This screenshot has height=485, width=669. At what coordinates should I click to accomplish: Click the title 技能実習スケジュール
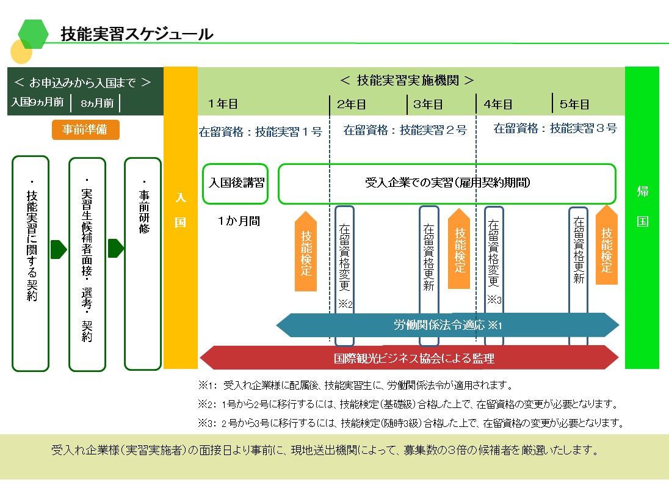tap(137, 34)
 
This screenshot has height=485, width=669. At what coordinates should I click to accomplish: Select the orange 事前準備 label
tap(85, 129)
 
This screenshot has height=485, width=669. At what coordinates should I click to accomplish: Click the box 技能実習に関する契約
tap(31, 263)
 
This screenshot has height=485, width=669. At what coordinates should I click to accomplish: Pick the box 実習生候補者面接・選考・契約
tap(87, 264)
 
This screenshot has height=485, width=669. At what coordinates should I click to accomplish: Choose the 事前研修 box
tap(142, 263)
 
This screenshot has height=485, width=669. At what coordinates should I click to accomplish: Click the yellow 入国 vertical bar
tap(181, 217)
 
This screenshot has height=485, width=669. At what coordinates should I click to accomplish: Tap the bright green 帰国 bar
tap(642, 217)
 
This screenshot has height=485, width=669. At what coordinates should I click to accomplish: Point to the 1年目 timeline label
tap(223, 104)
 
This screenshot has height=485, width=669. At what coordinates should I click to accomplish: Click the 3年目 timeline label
tap(428, 104)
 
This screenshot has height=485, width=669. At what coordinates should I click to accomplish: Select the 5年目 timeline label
tap(574, 104)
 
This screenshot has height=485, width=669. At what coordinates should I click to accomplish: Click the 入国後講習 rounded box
tap(236, 183)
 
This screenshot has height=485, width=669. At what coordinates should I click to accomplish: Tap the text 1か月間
tap(239, 221)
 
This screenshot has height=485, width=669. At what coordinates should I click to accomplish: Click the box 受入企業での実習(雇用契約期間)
tap(447, 183)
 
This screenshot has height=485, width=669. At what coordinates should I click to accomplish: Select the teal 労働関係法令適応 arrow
tap(447, 325)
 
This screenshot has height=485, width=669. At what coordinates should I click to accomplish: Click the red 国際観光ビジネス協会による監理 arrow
tap(410, 358)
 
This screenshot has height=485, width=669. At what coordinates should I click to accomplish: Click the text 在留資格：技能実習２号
tap(405, 129)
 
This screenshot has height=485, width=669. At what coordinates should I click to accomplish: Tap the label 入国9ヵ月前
tap(37, 103)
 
